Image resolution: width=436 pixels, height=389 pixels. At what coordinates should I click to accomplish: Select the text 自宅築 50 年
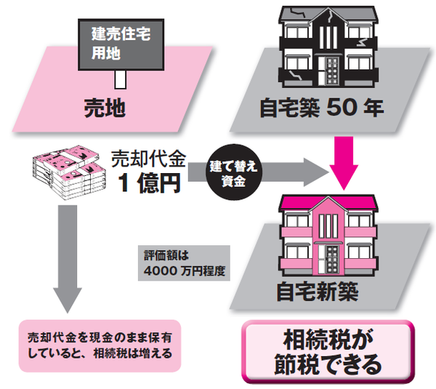pos(321,109)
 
